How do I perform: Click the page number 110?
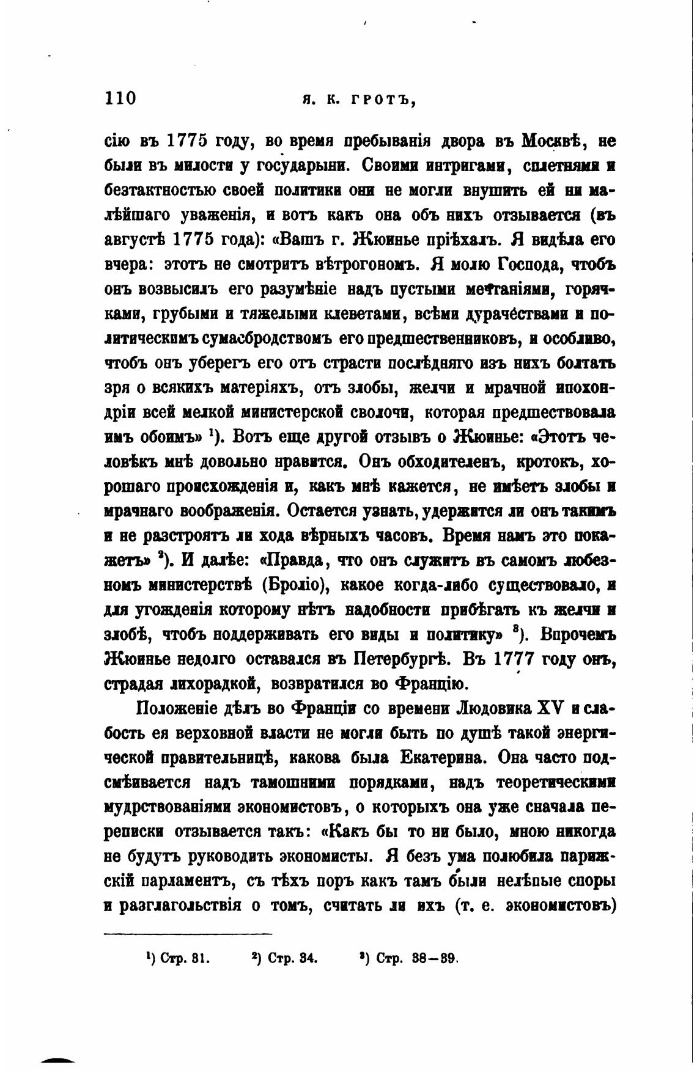point(120,98)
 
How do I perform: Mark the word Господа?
point(531,265)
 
